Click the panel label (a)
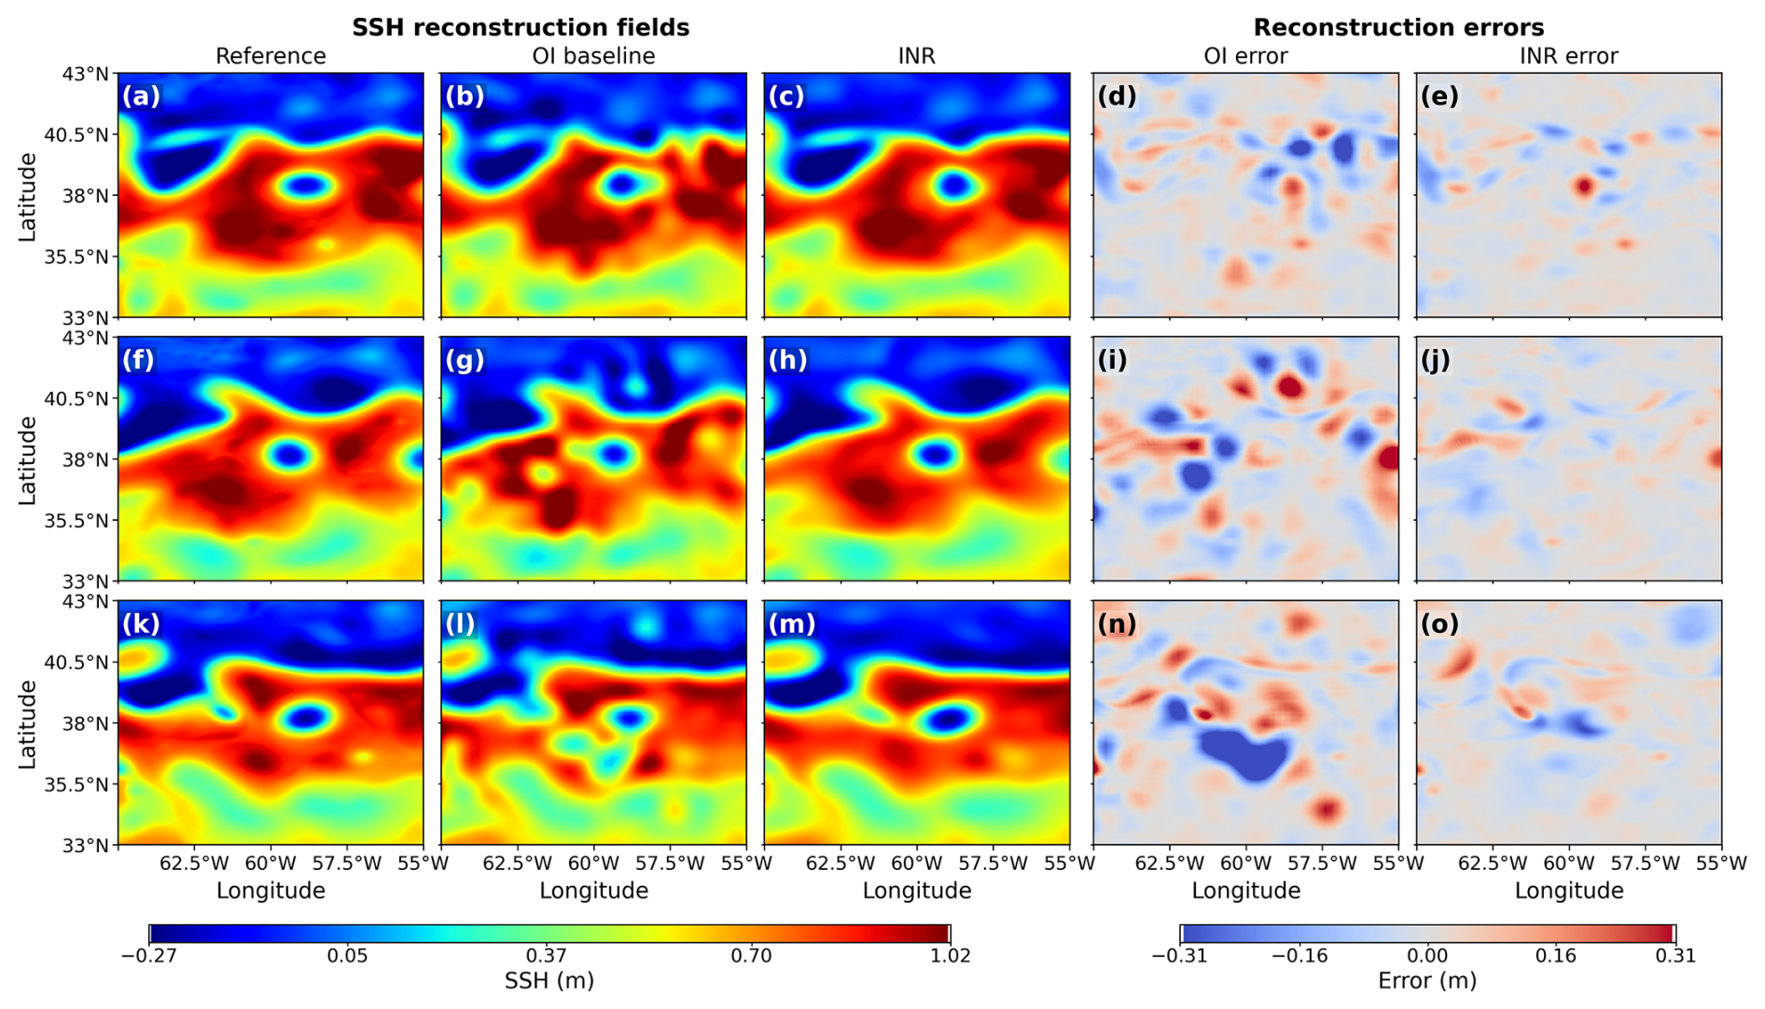coord(141,96)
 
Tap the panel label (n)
coord(1117,624)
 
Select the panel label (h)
coord(787,359)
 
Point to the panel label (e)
coord(1439,96)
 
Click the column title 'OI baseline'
coord(593,56)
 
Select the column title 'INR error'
coord(1568,56)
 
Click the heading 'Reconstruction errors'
coord(1398,27)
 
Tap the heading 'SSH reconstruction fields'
coord(521,27)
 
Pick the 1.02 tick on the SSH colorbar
coord(950,955)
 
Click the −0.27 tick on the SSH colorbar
coord(149,955)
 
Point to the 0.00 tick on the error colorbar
coord(1427,955)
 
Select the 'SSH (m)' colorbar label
coord(549,981)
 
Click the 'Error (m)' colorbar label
coord(1427,981)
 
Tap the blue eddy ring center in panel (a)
coord(306,186)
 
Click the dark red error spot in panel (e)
coord(1584,186)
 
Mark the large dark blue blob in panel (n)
coord(1244,752)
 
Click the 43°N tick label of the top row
coord(86,74)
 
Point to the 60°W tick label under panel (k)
coord(270,863)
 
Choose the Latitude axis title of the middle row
coord(28,459)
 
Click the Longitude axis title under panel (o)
coord(1568,890)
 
